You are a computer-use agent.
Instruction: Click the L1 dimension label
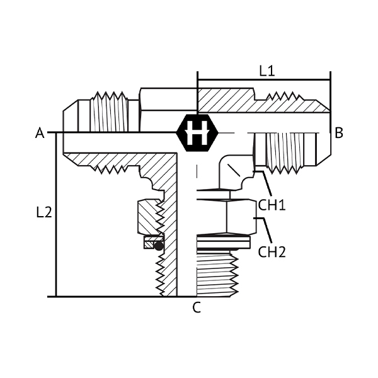267,71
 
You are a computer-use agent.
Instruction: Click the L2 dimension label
44,212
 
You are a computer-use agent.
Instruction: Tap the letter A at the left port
40,133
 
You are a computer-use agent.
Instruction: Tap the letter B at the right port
339,133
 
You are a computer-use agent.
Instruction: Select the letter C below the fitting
197,307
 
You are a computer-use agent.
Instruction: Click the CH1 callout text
272,205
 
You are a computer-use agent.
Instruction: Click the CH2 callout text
272,252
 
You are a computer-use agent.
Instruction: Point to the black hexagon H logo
197,133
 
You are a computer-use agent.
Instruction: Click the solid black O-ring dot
159,246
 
